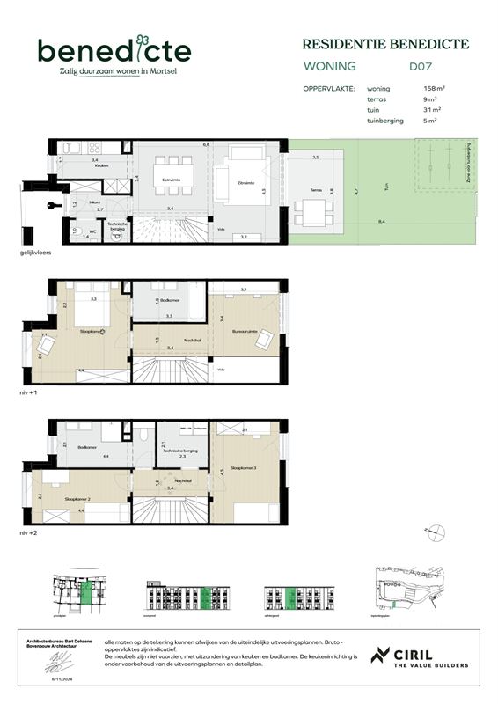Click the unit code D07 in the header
pyautogui.click(x=421, y=66)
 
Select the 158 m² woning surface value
pyautogui.click(x=433, y=88)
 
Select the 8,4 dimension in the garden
pyautogui.click(x=380, y=222)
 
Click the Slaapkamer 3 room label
pyautogui.click(x=243, y=467)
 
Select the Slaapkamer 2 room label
pyautogui.click(x=77, y=499)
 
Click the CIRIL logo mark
pyautogui.click(x=381, y=656)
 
